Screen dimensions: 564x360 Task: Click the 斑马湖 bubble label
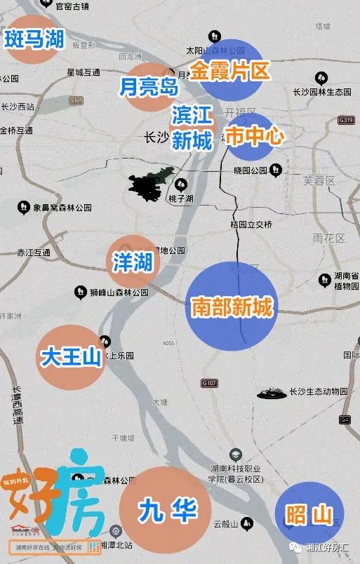(34, 40)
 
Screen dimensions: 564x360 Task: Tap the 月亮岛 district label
(149, 86)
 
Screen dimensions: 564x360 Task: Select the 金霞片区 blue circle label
(230, 71)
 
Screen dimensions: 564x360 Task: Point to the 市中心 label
(255, 135)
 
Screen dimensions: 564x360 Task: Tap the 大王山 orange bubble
(72, 356)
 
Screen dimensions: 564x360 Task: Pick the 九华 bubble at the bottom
(166, 509)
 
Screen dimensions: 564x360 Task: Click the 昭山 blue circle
(309, 516)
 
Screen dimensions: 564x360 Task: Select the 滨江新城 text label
(192, 129)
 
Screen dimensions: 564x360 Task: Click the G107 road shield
(209, 383)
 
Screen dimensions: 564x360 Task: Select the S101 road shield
(76, 101)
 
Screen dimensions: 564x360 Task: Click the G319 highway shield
(345, 120)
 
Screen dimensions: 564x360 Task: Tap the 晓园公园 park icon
(276, 170)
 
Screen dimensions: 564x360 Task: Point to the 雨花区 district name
(331, 239)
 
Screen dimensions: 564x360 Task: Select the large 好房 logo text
(60, 495)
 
